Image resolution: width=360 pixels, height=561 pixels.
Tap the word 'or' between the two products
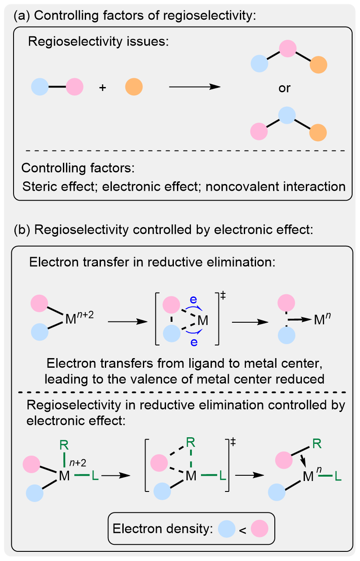(x=284, y=88)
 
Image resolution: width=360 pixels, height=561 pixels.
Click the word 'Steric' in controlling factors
(x=37, y=187)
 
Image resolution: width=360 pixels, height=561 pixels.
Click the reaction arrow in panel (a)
(x=194, y=87)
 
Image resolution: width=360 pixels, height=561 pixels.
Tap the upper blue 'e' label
(x=194, y=299)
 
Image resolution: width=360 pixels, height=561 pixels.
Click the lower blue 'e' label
(x=194, y=342)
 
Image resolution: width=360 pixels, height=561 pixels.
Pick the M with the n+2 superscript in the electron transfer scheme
(x=70, y=321)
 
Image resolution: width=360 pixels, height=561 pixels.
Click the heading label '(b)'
(x=22, y=230)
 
